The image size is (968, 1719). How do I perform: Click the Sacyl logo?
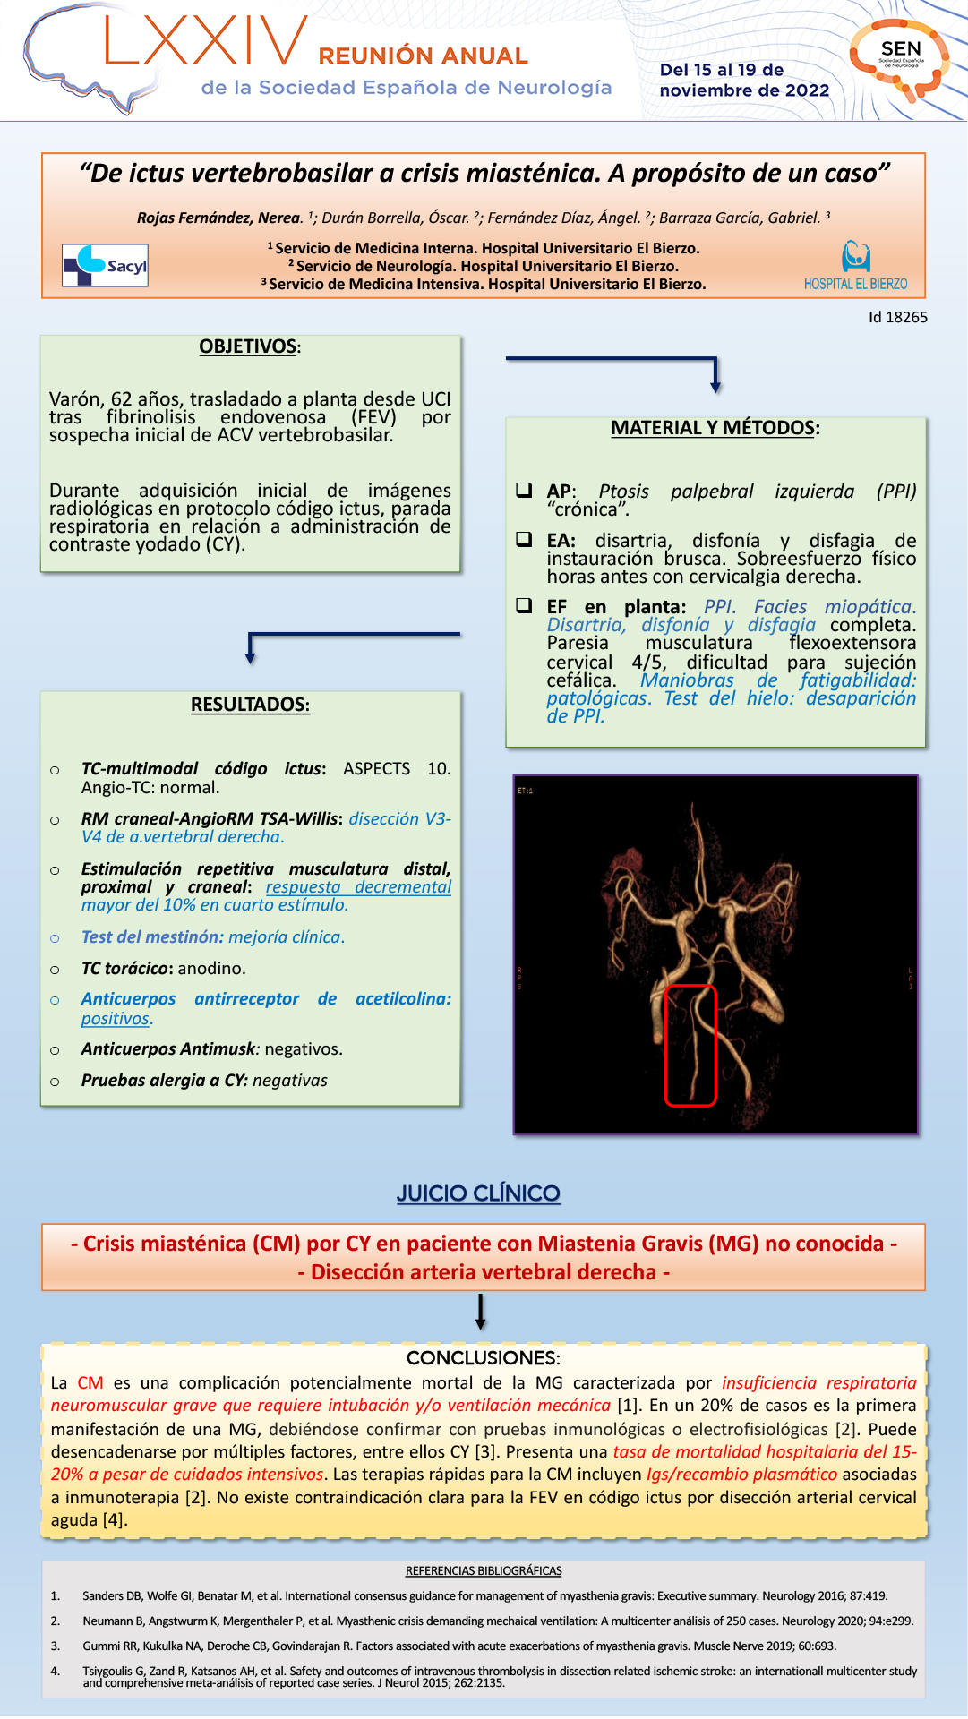105,266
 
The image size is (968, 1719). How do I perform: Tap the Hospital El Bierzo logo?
855,266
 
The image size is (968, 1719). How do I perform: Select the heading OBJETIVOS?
249,346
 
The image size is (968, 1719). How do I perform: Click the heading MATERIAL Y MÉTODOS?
715,428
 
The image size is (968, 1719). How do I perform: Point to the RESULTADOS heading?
250,705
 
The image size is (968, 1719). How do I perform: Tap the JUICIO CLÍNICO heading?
478,1193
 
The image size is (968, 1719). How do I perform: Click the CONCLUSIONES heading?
483,1357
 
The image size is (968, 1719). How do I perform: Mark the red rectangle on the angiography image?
690,1045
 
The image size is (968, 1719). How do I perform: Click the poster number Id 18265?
897,317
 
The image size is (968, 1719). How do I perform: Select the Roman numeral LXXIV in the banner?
206,42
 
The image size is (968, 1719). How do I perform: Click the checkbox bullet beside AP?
524,491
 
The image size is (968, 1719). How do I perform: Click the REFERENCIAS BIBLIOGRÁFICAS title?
484,1570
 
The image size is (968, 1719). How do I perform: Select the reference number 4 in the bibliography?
56,1671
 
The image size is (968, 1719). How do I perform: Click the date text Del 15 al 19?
722,70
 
